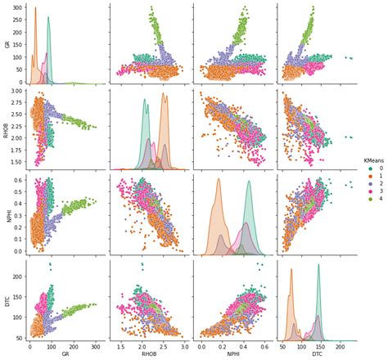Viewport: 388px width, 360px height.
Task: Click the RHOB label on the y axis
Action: coord(7,131)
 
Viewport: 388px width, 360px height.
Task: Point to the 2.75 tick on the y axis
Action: coord(18,103)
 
